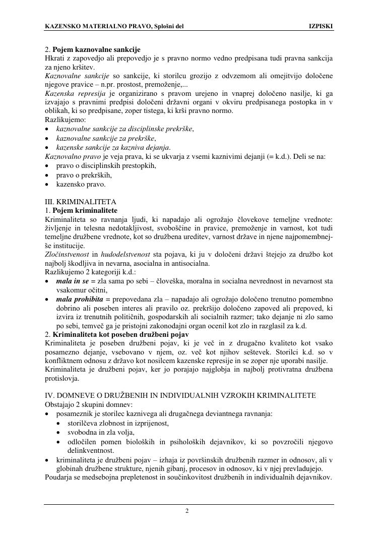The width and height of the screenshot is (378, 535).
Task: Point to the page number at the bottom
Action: pyautogui.click(x=187, y=511)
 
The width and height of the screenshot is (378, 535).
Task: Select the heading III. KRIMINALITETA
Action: pyautogui.click(x=81, y=201)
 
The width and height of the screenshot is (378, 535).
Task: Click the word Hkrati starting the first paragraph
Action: pyautogui.click(x=54, y=58)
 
